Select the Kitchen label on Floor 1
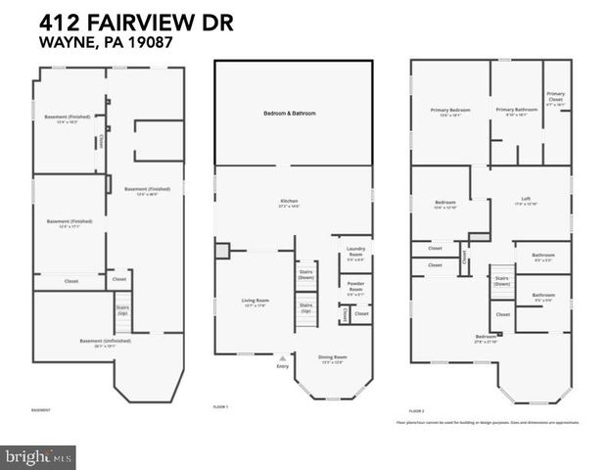click(289, 204)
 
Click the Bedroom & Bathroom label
click(290, 114)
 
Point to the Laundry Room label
click(355, 258)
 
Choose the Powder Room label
click(355, 288)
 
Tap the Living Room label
click(255, 302)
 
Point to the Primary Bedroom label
click(450, 112)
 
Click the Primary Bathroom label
click(516, 111)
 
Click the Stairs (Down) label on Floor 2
click(501, 280)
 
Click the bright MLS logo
click(38, 456)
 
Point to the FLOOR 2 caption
click(416, 410)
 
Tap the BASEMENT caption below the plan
click(41, 410)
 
